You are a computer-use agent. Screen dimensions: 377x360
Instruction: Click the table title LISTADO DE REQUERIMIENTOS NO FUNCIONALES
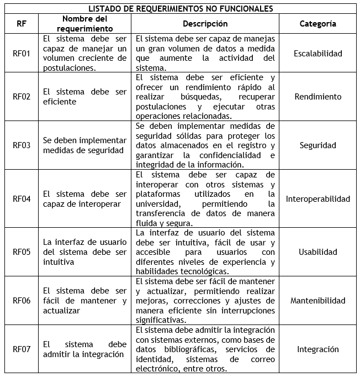[180, 8]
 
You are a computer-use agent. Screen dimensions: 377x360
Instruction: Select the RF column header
[20, 24]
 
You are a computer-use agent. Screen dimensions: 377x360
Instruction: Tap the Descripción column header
[205, 24]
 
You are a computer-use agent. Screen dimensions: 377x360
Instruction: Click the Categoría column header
[317, 24]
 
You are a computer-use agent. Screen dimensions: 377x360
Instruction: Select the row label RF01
[20, 54]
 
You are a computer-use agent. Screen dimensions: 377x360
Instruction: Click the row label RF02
[20, 97]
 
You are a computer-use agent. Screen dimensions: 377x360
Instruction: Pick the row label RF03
[20, 145]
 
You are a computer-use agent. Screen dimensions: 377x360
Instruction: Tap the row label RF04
[20, 199]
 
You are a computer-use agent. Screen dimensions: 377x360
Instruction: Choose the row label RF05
[20, 252]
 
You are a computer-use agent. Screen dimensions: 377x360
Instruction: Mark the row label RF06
[20, 301]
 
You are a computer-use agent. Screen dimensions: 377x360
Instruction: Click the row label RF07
[20, 349]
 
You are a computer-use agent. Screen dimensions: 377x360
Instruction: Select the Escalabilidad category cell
[317, 54]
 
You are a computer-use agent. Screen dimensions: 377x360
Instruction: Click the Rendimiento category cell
[317, 97]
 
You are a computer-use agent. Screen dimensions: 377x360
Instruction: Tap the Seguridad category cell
[317, 145]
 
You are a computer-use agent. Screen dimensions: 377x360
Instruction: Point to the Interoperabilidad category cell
[317, 199]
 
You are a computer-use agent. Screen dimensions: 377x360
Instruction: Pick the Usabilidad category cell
[317, 252]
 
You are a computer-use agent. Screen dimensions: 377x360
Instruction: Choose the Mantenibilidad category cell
[317, 301]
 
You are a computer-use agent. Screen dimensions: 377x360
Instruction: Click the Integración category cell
[317, 349]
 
